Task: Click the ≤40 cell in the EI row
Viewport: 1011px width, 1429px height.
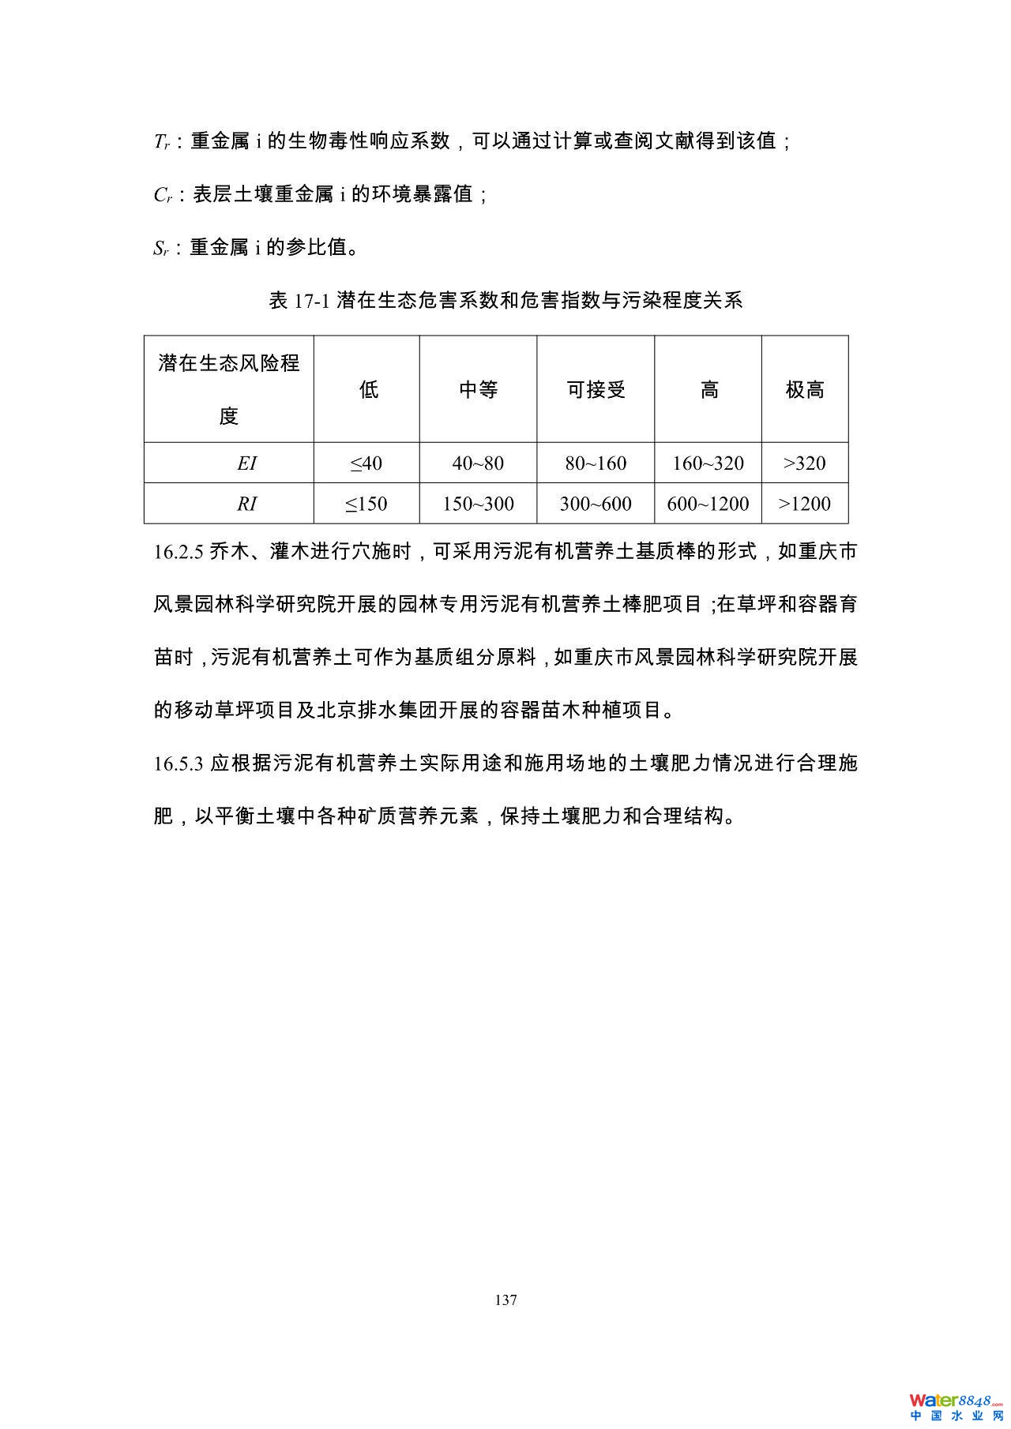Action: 366,463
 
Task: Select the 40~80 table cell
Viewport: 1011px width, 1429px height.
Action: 478,463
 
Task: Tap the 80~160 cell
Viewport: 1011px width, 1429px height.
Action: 596,463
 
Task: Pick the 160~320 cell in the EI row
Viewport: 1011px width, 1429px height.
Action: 708,463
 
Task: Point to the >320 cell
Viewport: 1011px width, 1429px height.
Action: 804,463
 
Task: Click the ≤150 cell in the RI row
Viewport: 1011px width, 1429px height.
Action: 366,504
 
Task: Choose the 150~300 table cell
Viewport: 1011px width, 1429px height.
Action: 478,504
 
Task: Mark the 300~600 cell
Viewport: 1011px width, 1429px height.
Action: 596,504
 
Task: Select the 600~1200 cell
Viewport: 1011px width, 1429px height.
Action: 708,504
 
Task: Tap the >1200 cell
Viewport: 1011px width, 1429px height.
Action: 804,504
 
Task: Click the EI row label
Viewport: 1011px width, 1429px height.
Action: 246,463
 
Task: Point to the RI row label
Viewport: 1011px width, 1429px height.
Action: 246,504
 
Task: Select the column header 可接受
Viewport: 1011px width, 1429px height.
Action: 596,389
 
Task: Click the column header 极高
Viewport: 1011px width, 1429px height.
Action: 804,389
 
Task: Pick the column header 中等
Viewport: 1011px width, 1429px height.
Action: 478,389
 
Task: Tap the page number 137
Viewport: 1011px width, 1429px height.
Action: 505,1300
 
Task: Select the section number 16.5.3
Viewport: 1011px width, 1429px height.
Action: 179,764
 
